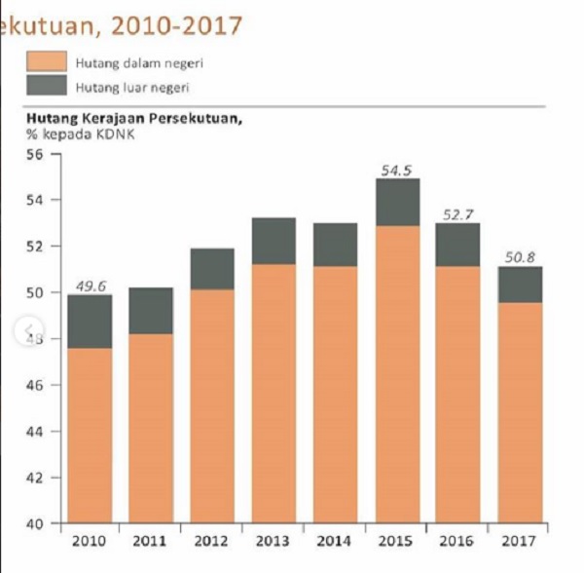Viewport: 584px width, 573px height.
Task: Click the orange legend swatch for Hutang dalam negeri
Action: click(x=47, y=62)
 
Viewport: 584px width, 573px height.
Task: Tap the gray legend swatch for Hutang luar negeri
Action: click(x=47, y=87)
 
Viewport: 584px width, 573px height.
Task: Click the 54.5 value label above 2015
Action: click(x=396, y=170)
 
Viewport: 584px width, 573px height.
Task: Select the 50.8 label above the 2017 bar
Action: click(x=519, y=258)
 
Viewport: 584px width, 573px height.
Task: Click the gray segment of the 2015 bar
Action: click(x=396, y=202)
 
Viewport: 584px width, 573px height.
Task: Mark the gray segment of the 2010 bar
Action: click(x=91, y=321)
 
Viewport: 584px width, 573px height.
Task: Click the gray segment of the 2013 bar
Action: click(x=273, y=241)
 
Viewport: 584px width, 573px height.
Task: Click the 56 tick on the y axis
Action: click(x=37, y=154)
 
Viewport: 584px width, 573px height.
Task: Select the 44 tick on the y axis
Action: click(x=37, y=432)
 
